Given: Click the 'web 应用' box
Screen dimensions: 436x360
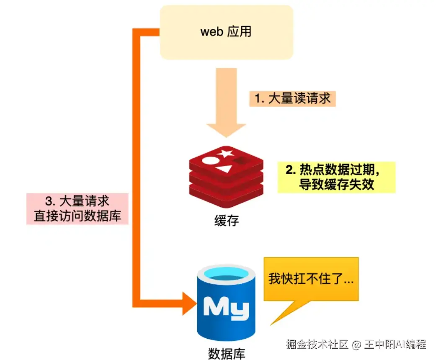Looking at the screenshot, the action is tap(226, 32).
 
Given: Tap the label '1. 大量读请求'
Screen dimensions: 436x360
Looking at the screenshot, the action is tap(292, 99).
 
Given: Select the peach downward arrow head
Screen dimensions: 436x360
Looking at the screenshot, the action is tap(226, 130).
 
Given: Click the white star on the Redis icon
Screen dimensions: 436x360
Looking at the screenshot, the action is tap(225, 153).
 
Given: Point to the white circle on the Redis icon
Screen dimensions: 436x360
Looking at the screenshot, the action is tap(209, 161).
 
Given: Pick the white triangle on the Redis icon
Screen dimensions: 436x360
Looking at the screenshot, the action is tap(224, 169).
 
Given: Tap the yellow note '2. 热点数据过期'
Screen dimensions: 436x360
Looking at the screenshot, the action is tap(336, 177).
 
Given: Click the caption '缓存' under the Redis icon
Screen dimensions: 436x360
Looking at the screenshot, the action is tap(226, 221).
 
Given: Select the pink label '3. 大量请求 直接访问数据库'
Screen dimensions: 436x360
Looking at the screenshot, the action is tap(77, 209).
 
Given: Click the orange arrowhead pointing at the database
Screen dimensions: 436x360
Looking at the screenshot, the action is tap(190, 303).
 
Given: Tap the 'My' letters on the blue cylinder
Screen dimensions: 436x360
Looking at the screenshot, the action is tap(226, 308).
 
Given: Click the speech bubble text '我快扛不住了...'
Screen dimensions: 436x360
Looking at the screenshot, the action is tap(311, 278).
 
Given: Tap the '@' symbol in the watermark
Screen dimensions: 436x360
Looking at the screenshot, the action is tap(356, 345).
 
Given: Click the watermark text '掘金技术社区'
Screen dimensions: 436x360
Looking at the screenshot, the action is tap(317, 345).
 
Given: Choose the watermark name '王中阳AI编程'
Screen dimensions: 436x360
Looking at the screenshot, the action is tap(395, 345).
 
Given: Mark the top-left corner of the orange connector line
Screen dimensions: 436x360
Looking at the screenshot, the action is tap(133, 28).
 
